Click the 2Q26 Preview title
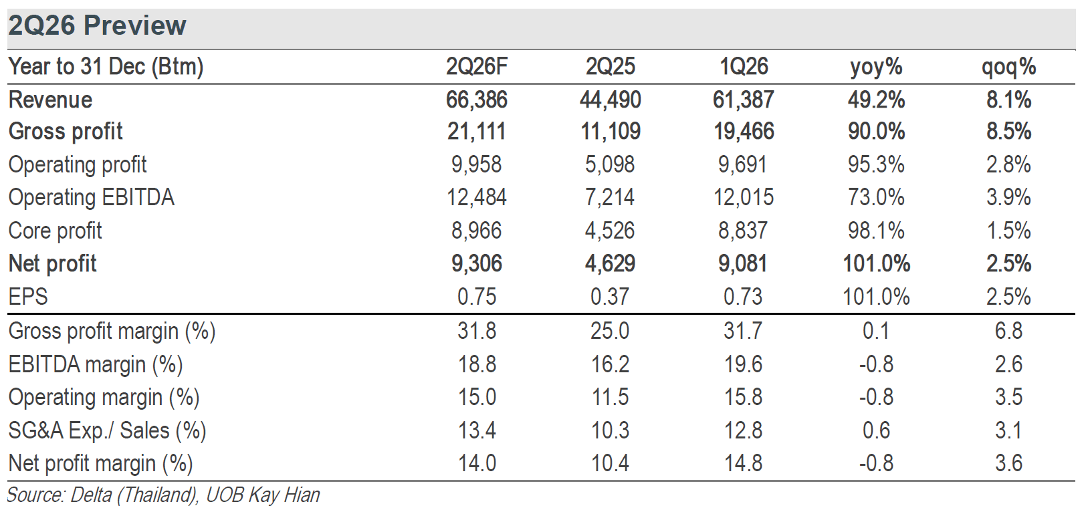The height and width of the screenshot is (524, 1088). coord(97,25)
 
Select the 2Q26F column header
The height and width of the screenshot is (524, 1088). coord(477,67)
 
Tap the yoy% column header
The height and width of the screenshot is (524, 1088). coord(876,68)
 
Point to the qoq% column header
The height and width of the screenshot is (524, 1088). coord(1009,68)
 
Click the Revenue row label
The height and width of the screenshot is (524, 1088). coord(51,100)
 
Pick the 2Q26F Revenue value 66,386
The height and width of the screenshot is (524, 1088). coord(477,100)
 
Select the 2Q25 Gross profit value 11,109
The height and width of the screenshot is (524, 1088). coord(611,132)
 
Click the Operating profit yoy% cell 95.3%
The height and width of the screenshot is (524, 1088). coord(876,164)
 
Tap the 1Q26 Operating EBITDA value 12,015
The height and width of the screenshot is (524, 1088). coord(743,198)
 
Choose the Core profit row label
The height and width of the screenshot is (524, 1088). coord(56,231)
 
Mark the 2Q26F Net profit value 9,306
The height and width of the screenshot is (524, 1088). coord(477,264)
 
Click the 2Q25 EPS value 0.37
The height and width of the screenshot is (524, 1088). coord(610,297)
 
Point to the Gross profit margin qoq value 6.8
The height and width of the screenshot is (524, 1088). coord(1009,332)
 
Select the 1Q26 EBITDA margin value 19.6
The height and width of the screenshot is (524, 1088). coord(743,364)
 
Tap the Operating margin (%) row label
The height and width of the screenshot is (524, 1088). coord(104,398)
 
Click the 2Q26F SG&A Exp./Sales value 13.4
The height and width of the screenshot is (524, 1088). coord(477,430)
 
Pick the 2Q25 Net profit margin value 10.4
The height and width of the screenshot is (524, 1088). coord(610,464)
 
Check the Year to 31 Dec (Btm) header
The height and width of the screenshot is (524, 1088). coord(106,67)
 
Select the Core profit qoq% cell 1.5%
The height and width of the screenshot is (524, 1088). coord(1009,231)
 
